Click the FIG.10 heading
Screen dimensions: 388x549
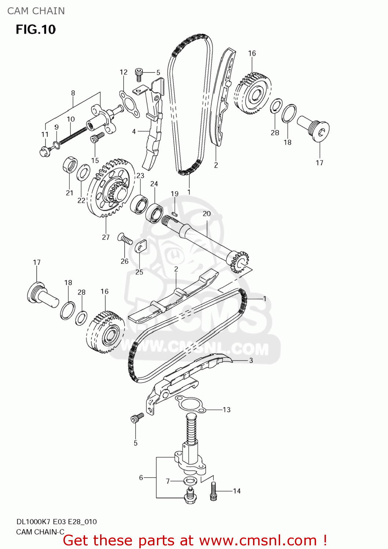click(36, 29)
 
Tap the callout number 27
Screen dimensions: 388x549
click(106, 237)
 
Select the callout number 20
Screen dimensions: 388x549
click(206, 214)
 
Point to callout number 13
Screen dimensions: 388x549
click(226, 410)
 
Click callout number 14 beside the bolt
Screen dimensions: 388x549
click(237, 491)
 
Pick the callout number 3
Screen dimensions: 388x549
click(251, 360)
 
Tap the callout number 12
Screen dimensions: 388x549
click(124, 72)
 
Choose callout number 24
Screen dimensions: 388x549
click(154, 184)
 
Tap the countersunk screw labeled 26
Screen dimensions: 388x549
click(125, 238)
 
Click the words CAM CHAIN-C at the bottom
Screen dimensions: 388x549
click(40, 531)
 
